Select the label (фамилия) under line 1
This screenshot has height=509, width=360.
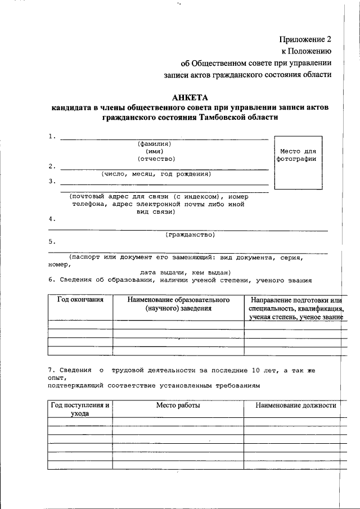[x=154, y=143]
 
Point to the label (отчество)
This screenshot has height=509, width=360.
[x=156, y=159]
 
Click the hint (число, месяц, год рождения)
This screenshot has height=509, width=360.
[x=156, y=174]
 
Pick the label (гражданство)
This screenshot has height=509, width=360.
[x=190, y=234]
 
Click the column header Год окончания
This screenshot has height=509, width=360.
[x=80, y=300]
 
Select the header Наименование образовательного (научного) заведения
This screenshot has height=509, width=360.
[x=178, y=304]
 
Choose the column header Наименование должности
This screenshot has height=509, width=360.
[x=295, y=405]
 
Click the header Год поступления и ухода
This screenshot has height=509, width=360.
[x=80, y=409]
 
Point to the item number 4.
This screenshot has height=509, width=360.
[x=52, y=219]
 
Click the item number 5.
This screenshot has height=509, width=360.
[x=52, y=242]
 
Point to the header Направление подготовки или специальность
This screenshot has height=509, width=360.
[x=295, y=304]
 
